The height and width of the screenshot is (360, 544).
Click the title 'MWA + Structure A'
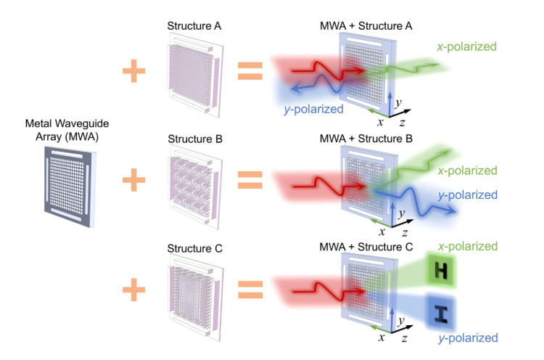point(366,26)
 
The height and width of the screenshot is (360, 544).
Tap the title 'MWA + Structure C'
point(366,248)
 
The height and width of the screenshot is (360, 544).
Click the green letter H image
point(440,272)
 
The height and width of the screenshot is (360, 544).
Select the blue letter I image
point(440,314)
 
